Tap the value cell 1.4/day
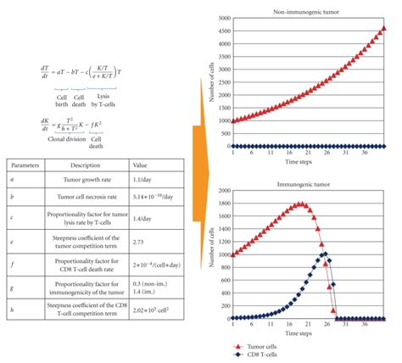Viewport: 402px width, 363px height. tap(145, 223)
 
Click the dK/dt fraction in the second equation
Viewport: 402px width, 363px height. tap(22, 122)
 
